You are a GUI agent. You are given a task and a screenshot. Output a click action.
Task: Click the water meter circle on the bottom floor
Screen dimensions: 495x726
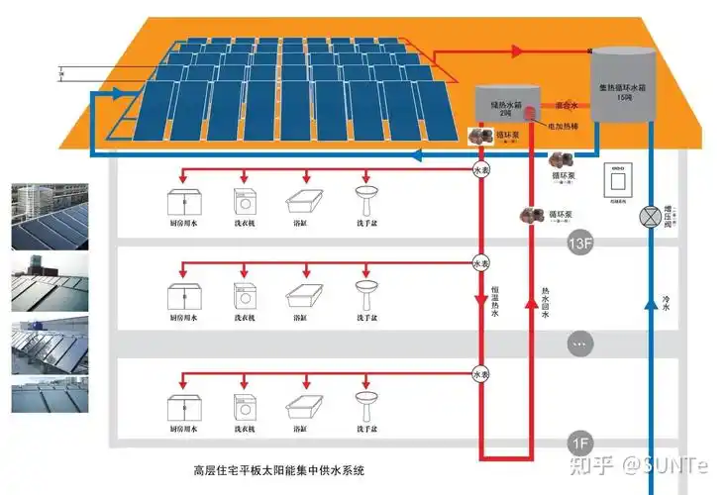[x=480, y=375]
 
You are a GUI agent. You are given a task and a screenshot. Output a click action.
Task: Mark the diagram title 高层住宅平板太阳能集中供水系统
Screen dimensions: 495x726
[x=279, y=470]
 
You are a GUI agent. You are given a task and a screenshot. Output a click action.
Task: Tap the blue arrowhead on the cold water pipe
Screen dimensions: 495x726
[x=650, y=301]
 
